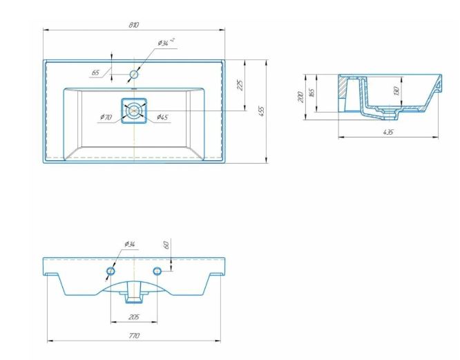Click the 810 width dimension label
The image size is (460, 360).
pos(134,25)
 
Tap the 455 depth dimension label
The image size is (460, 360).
pos(262,111)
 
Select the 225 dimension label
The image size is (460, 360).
pos(240,85)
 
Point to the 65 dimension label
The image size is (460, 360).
pos(95,73)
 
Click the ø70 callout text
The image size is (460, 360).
pos(106,117)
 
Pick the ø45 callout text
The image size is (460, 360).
pos(162,117)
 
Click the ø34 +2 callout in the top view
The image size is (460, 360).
pos(166,43)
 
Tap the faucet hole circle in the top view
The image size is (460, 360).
pos(134,74)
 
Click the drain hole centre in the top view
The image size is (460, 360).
pos(134,111)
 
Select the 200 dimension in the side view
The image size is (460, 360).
pos(300,97)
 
